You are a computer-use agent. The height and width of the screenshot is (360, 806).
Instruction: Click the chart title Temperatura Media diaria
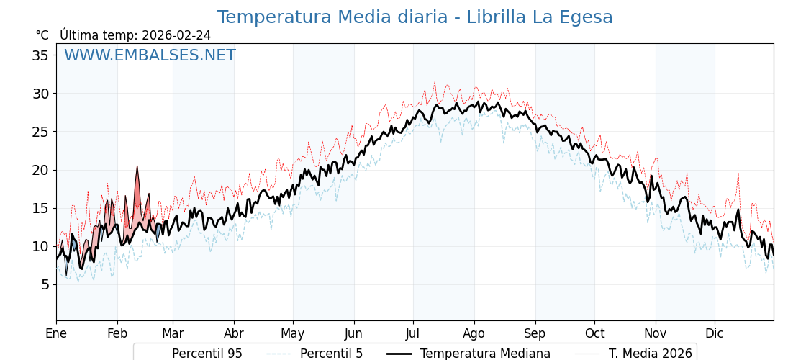(415, 17)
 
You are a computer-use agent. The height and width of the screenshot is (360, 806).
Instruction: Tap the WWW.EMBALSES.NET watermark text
(150, 55)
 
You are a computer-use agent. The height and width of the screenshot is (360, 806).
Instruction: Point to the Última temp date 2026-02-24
(176, 35)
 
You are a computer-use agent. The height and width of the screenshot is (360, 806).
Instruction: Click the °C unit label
(42, 35)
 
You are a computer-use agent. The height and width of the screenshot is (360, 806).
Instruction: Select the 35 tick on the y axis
(40, 55)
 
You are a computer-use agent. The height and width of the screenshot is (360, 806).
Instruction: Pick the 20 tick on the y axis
(40, 170)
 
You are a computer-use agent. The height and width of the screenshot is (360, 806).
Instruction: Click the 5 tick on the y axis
(45, 284)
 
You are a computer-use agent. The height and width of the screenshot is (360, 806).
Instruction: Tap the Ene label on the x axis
(56, 333)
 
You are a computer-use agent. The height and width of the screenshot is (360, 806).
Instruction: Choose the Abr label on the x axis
(234, 333)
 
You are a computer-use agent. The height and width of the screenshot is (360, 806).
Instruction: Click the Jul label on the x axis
(413, 333)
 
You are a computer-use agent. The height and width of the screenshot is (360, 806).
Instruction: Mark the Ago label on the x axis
(474, 333)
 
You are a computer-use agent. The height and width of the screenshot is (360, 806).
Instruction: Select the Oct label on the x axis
(594, 333)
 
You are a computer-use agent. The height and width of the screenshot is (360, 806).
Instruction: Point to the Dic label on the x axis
(715, 333)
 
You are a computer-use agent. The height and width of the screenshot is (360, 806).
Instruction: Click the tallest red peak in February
(137, 167)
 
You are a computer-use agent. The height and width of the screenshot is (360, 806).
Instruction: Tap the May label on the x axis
(293, 333)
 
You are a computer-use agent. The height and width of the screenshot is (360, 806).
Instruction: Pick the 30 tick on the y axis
(40, 94)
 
